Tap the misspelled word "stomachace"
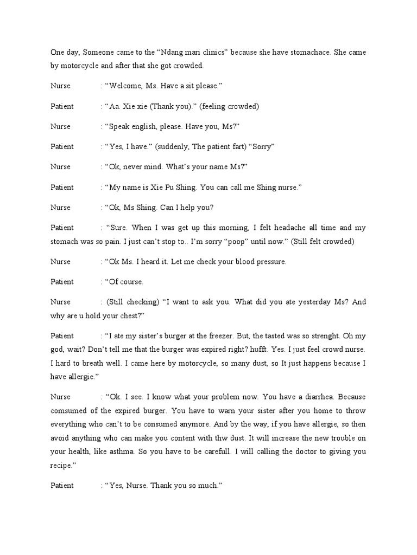(x=309, y=52)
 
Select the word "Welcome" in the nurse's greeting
(x=126, y=86)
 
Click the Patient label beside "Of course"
(x=62, y=282)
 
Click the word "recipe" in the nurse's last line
(x=61, y=464)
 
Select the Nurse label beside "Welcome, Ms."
(x=60, y=86)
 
